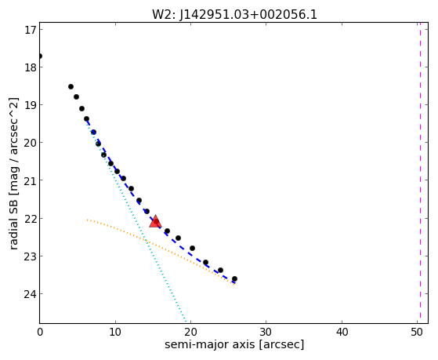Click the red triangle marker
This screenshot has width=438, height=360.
(x=155, y=221)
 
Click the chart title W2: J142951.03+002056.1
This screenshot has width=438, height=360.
(x=234, y=14)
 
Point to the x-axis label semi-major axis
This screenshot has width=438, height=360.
(x=209, y=344)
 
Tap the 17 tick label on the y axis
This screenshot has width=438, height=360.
(x=30, y=30)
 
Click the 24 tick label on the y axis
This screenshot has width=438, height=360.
(x=30, y=294)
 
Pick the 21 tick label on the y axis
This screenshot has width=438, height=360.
(x=30, y=180)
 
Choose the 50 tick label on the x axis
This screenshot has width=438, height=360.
(x=417, y=333)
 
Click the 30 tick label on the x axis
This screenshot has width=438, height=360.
(x=266, y=333)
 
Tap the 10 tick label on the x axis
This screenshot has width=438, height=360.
(x=115, y=333)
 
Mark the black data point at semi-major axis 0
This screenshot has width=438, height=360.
(x=40, y=56)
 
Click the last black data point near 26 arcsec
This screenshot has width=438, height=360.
(x=234, y=279)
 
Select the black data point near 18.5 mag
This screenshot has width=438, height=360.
(x=71, y=87)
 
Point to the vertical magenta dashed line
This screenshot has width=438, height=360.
(x=420, y=173)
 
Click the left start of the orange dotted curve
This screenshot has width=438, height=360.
(x=88, y=220)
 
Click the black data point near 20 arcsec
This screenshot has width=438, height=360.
(x=192, y=248)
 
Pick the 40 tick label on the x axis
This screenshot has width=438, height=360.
(x=342, y=333)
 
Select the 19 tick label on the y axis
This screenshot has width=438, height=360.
(x=30, y=105)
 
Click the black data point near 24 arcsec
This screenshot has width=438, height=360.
(x=220, y=271)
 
